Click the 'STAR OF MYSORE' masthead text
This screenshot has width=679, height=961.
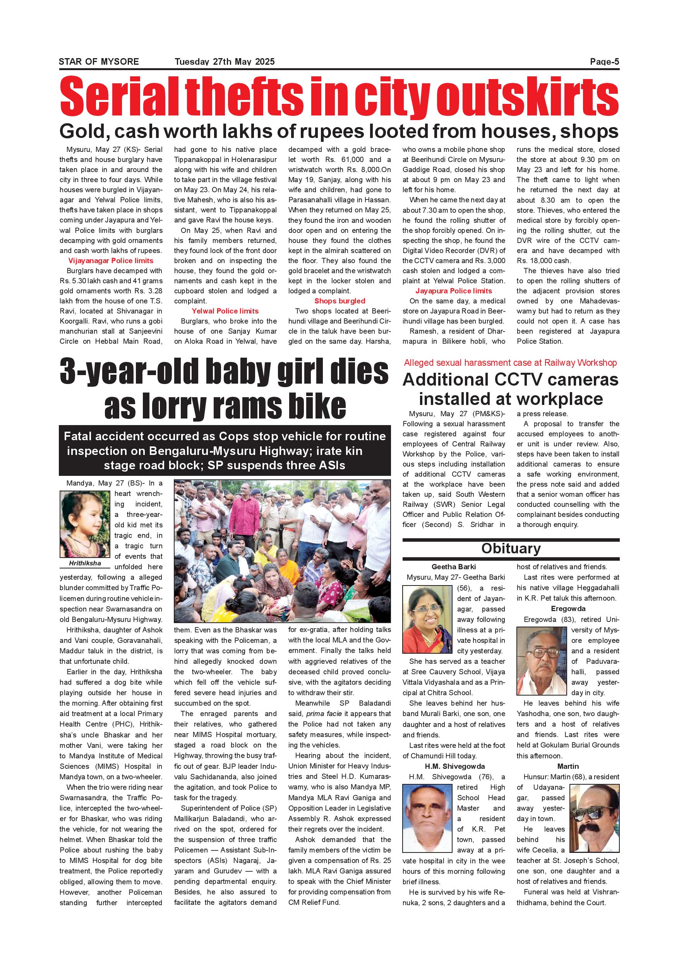[x=99, y=62]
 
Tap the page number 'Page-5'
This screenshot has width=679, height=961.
[x=604, y=62]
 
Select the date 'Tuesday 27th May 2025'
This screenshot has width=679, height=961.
[x=225, y=62]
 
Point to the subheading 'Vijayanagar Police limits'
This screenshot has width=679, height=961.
[x=111, y=261]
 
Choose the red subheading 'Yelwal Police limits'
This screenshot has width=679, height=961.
[x=225, y=311]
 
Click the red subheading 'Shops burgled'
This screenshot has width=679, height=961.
[x=339, y=301]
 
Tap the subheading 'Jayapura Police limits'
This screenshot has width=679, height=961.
[x=454, y=291]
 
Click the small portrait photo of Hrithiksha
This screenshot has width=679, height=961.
[x=85, y=524]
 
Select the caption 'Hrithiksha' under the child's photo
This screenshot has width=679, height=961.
[x=85, y=563]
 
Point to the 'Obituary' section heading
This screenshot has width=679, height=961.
[x=511, y=548]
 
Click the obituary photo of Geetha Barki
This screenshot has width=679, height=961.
[x=427, y=619]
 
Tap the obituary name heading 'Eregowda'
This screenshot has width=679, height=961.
[x=568, y=609]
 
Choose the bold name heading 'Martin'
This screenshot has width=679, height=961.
[x=568, y=766]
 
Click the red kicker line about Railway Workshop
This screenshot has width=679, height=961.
[x=510, y=363]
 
